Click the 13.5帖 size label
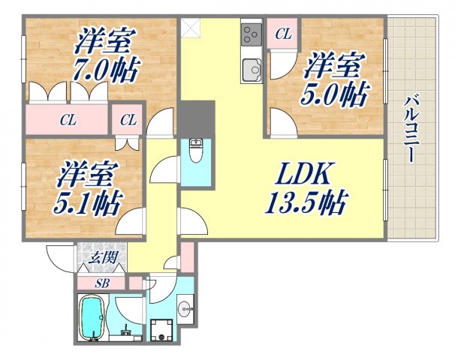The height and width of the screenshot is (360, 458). tap(303, 201)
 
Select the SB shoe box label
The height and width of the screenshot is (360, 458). tap(101, 283)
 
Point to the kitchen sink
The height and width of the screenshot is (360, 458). tap(251, 70)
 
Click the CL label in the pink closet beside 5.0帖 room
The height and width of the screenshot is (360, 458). tap(282, 34)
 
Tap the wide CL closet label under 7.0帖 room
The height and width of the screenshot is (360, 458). tap(68, 118)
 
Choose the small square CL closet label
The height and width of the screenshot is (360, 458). tap(129, 118)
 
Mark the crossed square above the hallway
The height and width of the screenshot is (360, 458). tap(191, 28)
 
